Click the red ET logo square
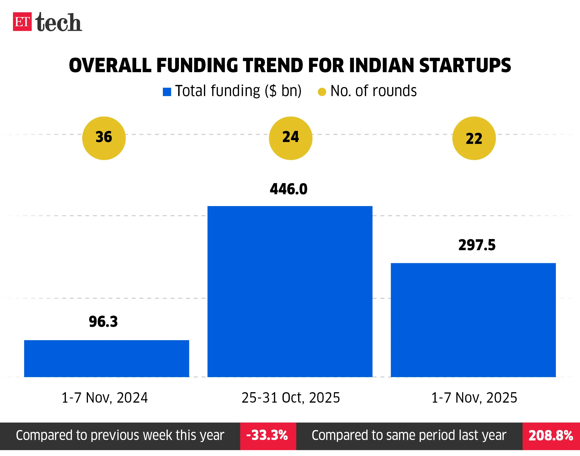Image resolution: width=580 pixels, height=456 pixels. pos(22,22)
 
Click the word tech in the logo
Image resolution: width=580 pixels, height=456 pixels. pos(58,23)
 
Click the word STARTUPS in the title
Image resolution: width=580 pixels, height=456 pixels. pos(465,65)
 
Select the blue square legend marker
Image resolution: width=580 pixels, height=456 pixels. pos(167,92)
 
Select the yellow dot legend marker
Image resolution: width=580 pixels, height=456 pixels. pos(322,92)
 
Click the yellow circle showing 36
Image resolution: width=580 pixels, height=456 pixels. pos(104,138)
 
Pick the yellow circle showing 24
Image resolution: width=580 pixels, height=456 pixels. pos(290,138)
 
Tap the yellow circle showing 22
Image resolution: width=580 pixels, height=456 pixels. pos(474,138)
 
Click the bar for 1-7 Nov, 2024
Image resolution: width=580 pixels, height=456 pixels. pos(106,358)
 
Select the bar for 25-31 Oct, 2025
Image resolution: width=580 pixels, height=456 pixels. pos(290,291)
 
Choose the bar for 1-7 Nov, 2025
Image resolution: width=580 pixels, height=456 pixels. pos(473,320)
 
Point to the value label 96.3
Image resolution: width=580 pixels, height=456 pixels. pos(103,321)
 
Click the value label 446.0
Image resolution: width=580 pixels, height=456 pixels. pos(289,189)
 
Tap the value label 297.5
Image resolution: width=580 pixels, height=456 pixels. pos(477,245)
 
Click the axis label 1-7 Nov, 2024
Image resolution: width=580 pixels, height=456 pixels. pos(104,398)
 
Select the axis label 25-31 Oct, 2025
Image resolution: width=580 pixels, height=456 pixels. pos(291,398)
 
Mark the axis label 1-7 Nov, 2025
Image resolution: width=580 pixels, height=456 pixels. pos(474,398)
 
